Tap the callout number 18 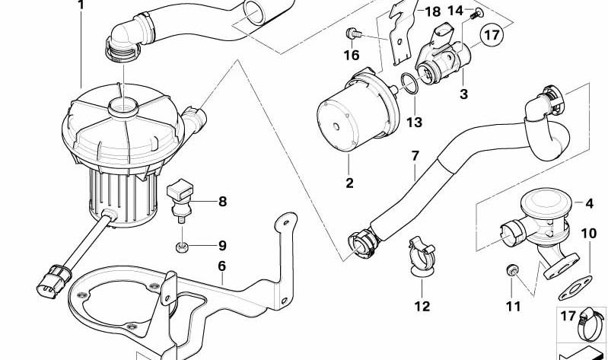click(432, 11)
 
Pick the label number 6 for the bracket click(222, 266)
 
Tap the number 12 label click(422, 306)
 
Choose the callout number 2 click(350, 183)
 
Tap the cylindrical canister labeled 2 click(349, 117)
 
